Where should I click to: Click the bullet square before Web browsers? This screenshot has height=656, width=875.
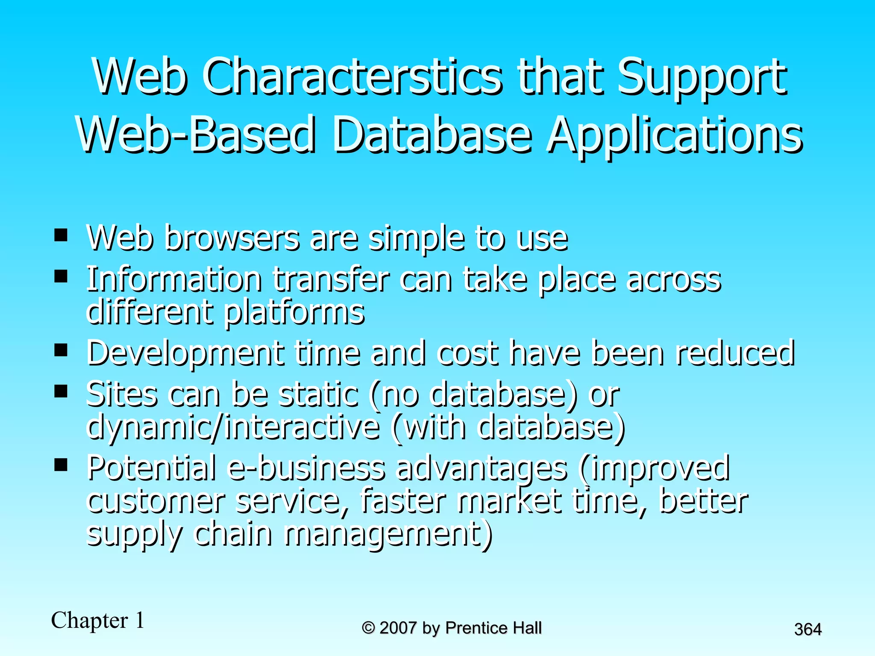[x=61, y=235]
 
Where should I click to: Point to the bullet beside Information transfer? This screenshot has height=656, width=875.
[x=61, y=276]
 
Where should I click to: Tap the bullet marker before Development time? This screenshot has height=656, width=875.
[x=61, y=350]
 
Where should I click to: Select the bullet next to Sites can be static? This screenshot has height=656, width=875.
[x=61, y=391]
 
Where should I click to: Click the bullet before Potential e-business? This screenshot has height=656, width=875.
[x=61, y=464]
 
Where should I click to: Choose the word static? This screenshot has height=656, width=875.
[x=318, y=394]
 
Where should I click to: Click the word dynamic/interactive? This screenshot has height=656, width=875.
[x=233, y=427]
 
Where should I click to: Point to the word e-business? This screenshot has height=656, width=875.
[x=306, y=467]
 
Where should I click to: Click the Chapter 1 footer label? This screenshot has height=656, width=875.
[x=98, y=620]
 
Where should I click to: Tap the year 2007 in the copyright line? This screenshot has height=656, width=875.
[x=398, y=628]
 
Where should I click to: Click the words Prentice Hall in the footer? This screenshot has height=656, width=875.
[x=493, y=628]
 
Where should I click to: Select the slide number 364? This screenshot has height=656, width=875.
[x=807, y=630]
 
